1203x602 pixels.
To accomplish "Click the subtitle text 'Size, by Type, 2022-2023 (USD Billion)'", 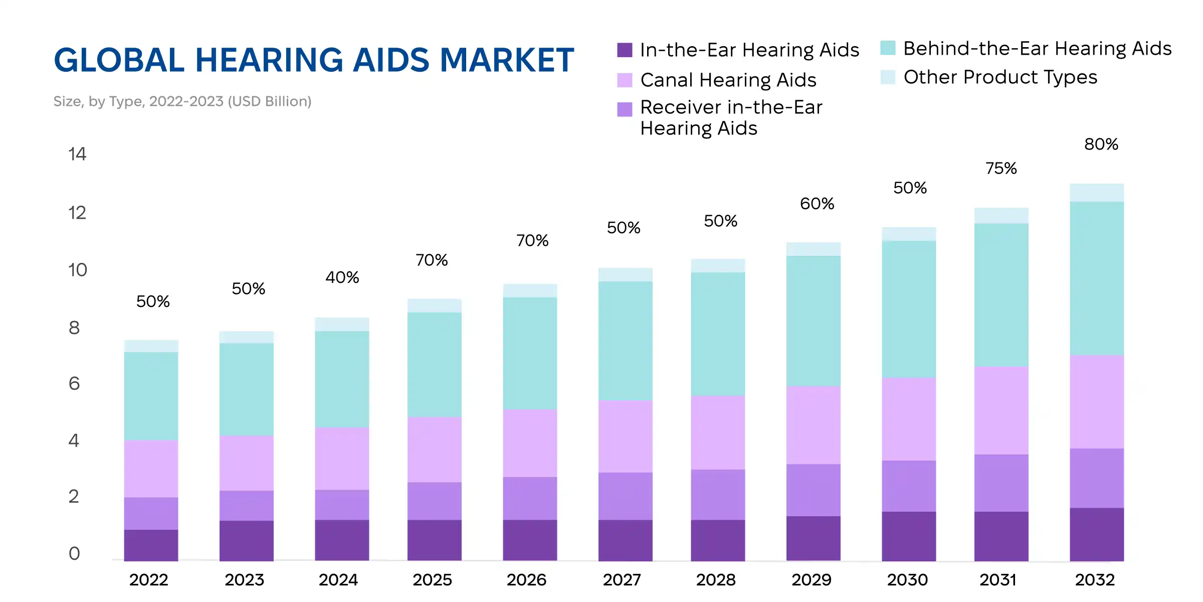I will pos(182,101).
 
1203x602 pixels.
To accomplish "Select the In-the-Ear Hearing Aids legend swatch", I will pos(624,50).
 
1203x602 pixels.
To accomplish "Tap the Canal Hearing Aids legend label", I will pos(728,80).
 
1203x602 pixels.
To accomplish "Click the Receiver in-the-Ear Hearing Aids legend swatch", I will pos(624,109).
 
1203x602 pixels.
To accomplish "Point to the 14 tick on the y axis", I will pos(77,154).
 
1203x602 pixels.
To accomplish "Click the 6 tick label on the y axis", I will pos(74,384).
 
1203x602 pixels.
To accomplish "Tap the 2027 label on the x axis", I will pos(622,580).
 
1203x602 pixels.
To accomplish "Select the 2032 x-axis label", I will pos(1095,580).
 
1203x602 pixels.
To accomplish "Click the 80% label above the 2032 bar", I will pos(1101,144).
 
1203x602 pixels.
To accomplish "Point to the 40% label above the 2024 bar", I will pos(342,277).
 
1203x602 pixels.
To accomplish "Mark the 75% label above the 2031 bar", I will pos(1000,169).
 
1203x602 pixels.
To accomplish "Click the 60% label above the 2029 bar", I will pos(817,204).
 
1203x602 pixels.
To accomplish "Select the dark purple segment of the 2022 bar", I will pos(151,545).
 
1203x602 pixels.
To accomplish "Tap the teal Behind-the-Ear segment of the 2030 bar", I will pos(908,309).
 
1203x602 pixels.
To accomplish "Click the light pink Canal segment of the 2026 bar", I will pos(530,443).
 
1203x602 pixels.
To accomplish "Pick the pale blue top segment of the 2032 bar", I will pos(1096,193).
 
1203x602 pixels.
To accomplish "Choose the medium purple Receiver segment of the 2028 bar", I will pos(717,495).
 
